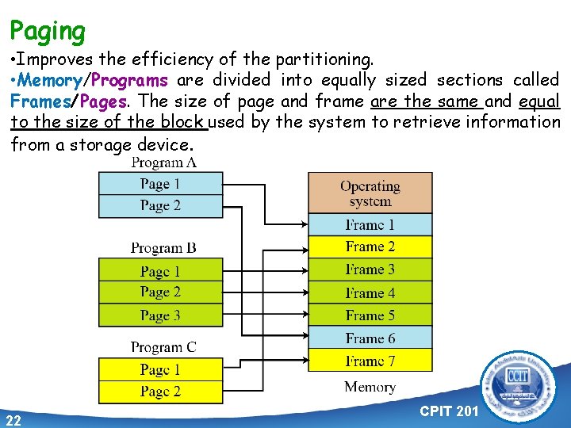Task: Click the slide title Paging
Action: pos(48,32)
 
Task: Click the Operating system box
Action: pos(370,193)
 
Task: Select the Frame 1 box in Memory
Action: pos(370,224)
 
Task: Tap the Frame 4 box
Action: pos(370,292)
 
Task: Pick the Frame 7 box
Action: pos(370,361)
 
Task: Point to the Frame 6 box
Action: pos(370,338)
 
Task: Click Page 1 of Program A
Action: pos(160,184)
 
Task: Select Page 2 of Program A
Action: pos(160,205)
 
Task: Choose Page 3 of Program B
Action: pos(160,315)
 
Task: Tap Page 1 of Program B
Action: pos(160,271)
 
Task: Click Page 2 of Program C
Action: pos(160,391)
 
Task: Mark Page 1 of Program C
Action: pos(160,369)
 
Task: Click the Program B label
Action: pos(163,248)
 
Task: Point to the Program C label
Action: pos(163,346)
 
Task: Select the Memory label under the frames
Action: pos(370,387)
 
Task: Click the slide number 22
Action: pos(13,419)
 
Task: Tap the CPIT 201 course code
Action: pos(448,412)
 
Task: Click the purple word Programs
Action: pos(128,80)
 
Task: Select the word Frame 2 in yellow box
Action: pos(370,246)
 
